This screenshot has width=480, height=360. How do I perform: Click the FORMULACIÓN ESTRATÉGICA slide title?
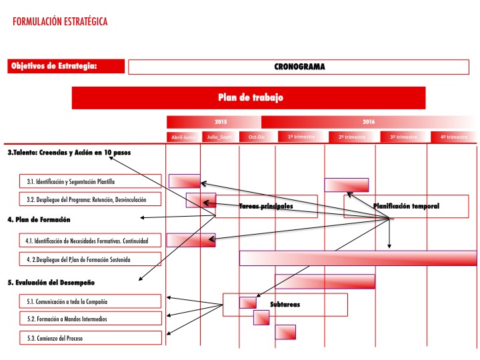click(60, 22)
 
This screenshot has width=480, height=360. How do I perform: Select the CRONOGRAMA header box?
click(299, 67)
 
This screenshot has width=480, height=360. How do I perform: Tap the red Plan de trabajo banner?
click(249, 97)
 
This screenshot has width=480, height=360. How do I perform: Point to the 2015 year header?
click(221, 122)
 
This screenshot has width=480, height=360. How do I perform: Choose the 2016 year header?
click(369, 122)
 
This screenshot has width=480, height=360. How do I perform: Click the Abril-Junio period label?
click(183, 137)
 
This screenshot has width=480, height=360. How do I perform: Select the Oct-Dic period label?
click(257, 137)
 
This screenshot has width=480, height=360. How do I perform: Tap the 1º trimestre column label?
click(301, 137)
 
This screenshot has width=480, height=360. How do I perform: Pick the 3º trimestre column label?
click(403, 137)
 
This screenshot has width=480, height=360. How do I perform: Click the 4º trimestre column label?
click(453, 137)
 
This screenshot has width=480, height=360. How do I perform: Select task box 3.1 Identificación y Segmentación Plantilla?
click(89, 181)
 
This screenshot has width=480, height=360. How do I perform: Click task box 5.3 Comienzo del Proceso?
click(89, 338)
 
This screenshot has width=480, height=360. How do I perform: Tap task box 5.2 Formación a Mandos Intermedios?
click(89, 319)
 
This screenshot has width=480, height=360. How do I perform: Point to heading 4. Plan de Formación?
click(39, 219)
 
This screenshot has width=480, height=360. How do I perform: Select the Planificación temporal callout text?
click(406, 206)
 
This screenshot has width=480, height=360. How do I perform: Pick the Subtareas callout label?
click(285, 305)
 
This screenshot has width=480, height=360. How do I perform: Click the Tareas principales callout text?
click(266, 207)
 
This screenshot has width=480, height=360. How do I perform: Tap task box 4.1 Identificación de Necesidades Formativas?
click(89, 240)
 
